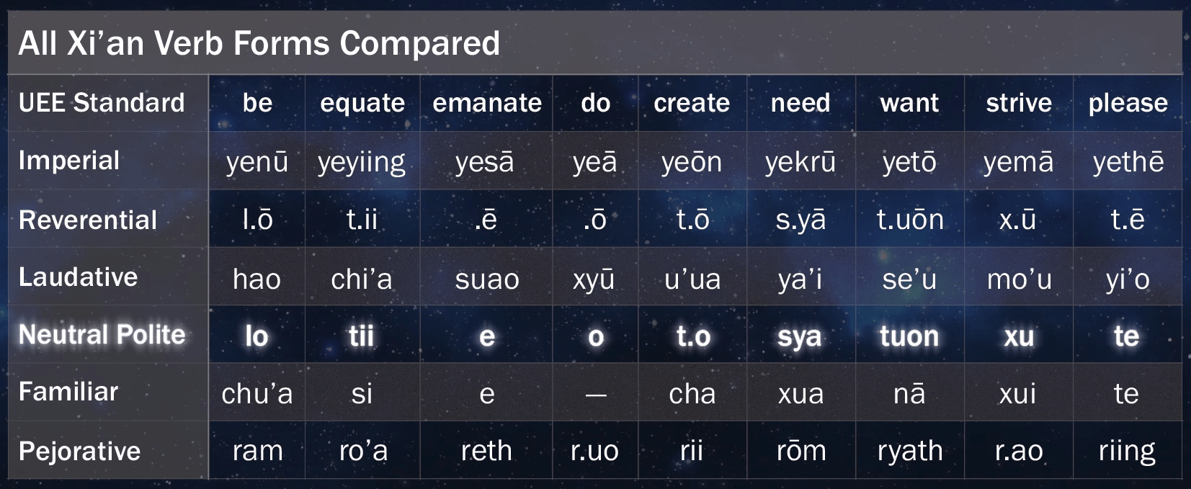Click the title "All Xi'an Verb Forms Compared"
[259, 43]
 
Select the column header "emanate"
[487, 103]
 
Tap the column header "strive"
[1019, 103]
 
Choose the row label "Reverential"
[88, 220]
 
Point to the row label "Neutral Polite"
[102, 335]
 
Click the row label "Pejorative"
[79, 451]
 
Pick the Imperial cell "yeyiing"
[362, 162]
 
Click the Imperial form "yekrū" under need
[800, 162]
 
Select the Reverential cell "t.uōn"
[910, 220]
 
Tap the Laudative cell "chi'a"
[362, 279]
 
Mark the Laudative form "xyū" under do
[594, 279]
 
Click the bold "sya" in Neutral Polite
[800, 336]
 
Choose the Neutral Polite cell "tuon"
[909, 336]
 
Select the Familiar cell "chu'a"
[257, 394]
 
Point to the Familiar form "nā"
[909, 394]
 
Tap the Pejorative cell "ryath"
[910, 452]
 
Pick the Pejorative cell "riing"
[1127, 452]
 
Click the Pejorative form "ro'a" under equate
[364, 452]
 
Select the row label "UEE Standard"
[102, 103]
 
